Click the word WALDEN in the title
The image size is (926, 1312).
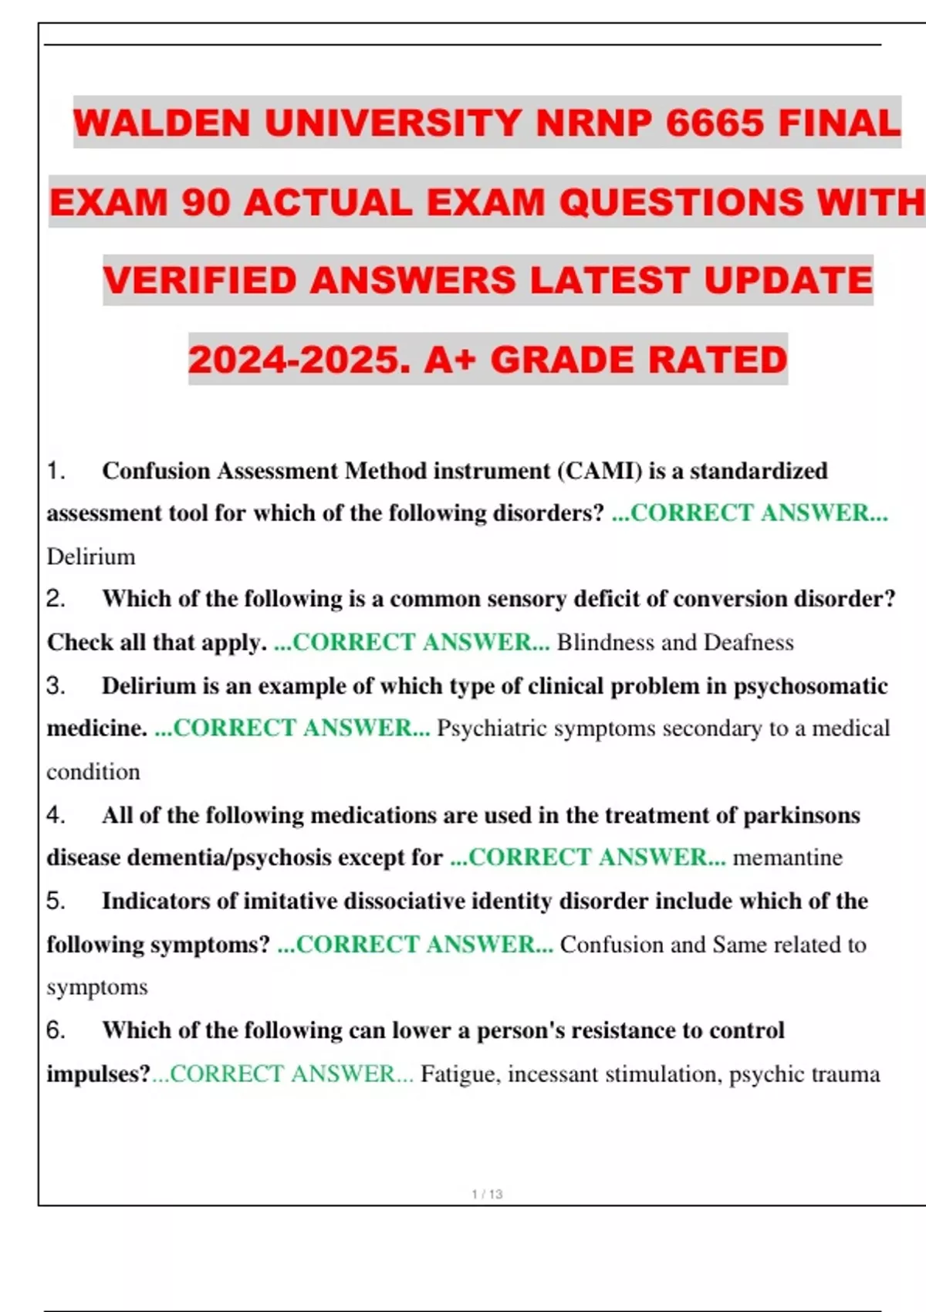[x=161, y=123]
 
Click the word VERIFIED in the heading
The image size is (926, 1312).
[x=200, y=280]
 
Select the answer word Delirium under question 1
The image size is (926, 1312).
[x=91, y=556]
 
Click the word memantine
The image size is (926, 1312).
[x=787, y=857]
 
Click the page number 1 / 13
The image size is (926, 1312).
[x=487, y=1194]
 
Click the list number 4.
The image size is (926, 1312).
[x=55, y=815]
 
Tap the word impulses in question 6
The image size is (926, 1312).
[x=96, y=1074]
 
